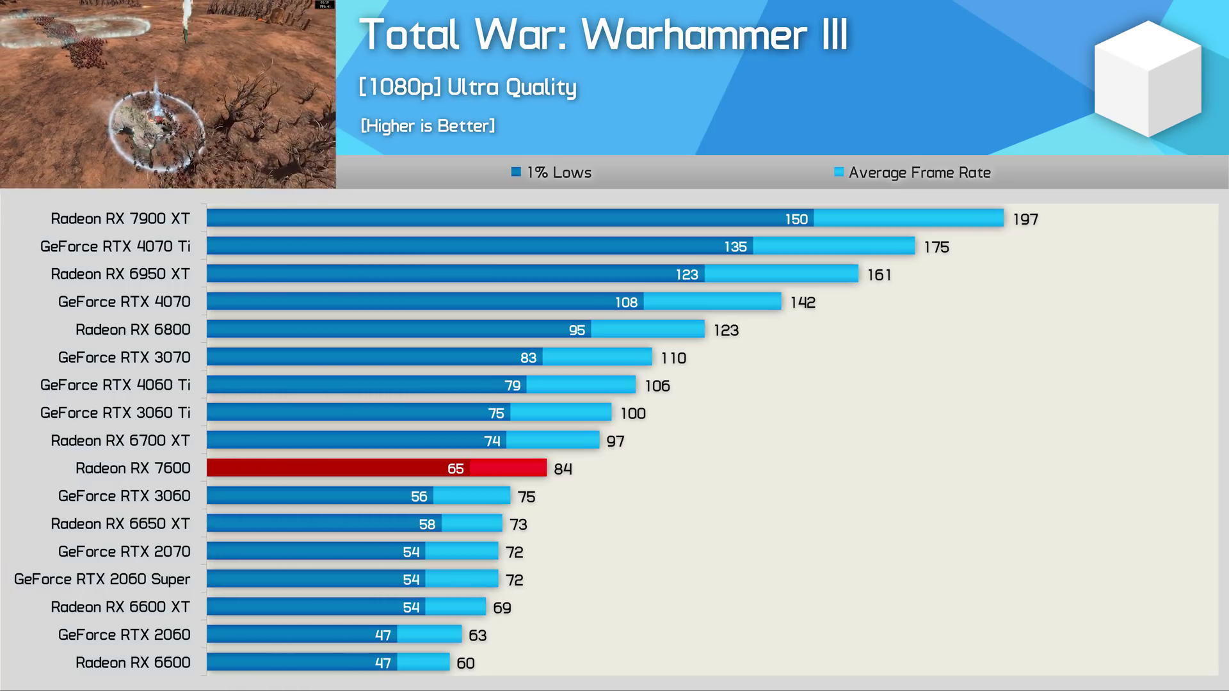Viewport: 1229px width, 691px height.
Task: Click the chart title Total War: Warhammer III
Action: [x=603, y=35]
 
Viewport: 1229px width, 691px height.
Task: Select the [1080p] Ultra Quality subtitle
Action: [x=467, y=87]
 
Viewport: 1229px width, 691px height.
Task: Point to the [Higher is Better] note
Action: [x=428, y=126]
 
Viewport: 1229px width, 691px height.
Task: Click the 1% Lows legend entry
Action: [x=551, y=173]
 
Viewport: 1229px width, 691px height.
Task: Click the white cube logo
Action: [x=1148, y=78]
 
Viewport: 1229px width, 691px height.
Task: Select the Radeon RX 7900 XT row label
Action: [x=120, y=219]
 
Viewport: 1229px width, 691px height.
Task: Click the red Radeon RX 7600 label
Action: [x=133, y=468]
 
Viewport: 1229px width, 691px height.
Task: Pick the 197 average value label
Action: [x=1025, y=219]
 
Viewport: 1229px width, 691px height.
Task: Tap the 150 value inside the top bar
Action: [x=796, y=219]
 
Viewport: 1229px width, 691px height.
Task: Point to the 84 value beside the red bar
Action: [x=563, y=469]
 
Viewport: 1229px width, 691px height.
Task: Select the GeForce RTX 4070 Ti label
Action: [x=115, y=246]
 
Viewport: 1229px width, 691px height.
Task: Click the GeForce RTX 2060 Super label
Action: [x=102, y=579]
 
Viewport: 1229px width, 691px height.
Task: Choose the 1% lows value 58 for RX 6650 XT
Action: [x=427, y=525]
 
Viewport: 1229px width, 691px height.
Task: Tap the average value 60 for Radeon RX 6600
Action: [x=465, y=663]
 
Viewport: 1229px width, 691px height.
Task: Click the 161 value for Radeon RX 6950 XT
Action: [x=879, y=275]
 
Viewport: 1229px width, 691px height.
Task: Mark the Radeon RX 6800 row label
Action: [x=133, y=330]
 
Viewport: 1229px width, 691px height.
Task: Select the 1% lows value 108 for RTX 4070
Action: [x=626, y=303]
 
